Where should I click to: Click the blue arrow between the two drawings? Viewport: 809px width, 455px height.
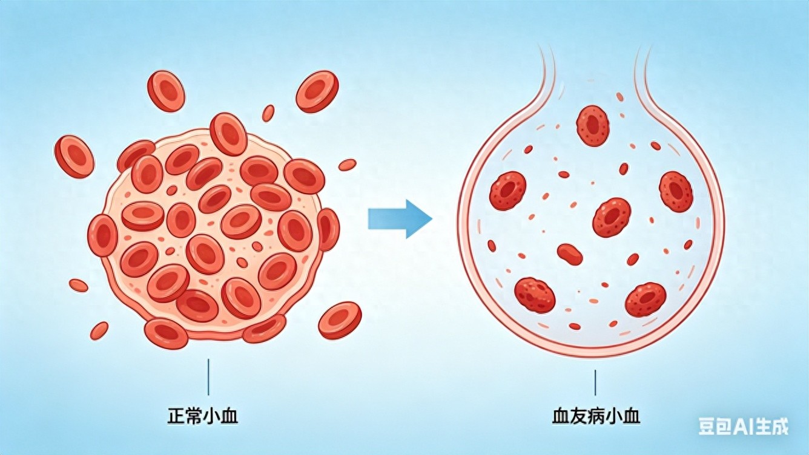click(400, 218)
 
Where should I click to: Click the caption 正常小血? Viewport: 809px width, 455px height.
click(202, 416)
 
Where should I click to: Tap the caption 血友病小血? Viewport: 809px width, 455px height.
click(596, 416)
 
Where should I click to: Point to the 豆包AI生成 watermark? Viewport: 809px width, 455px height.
click(743, 427)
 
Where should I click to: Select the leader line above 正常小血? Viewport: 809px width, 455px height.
click(209, 377)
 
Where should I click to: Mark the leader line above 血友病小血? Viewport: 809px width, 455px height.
click(595, 382)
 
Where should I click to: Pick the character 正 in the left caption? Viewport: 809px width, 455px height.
click(176, 416)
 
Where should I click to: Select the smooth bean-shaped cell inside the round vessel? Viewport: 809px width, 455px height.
click(570, 254)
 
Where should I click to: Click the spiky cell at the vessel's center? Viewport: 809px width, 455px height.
click(612, 217)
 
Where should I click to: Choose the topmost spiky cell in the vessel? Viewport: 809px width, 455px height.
click(593, 125)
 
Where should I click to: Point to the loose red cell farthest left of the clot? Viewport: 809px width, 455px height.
click(74, 156)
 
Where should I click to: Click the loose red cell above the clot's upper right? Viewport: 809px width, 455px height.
click(317, 91)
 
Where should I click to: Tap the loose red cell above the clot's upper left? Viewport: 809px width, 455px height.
click(166, 91)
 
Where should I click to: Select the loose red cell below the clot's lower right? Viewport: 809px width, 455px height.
click(340, 320)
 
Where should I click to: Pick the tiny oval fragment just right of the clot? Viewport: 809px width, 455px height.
click(347, 165)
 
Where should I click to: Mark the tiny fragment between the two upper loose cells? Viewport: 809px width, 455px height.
click(268, 113)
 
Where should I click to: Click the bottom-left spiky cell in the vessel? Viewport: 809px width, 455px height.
click(535, 295)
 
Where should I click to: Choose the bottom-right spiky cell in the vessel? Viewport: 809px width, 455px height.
click(646, 300)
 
